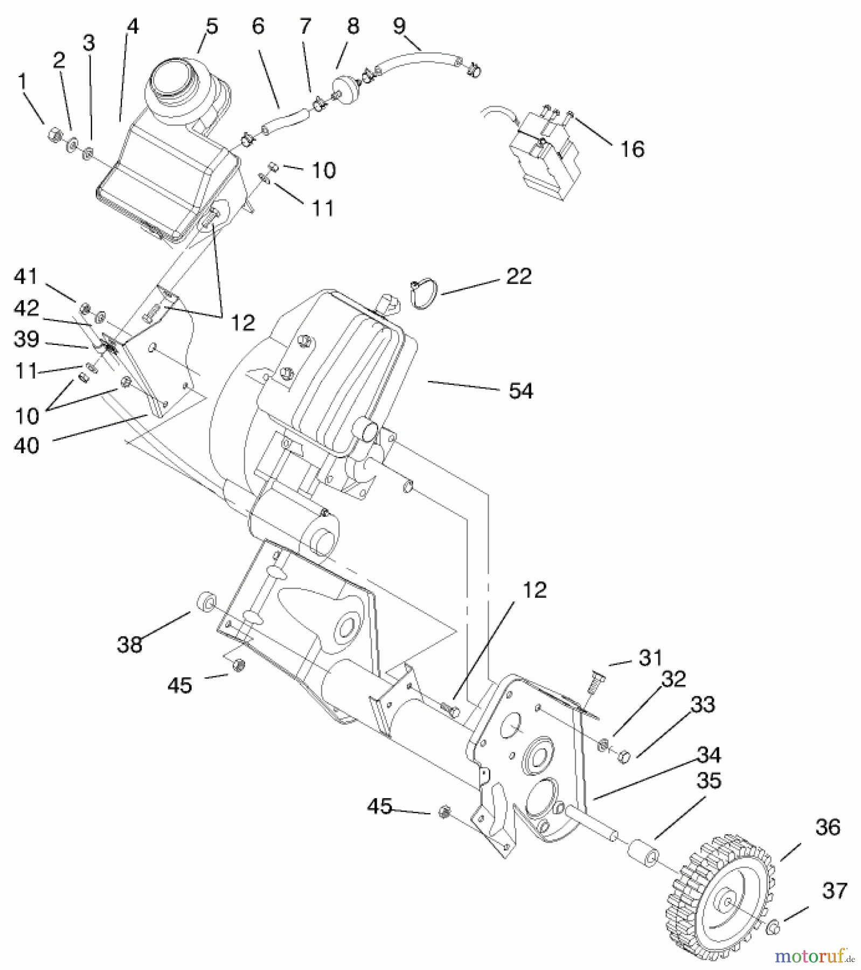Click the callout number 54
click(x=520, y=391)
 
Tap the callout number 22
click(x=519, y=277)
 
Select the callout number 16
click(x=632, y=149)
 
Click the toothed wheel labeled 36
click(x=722, y=895)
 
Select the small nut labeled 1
click(x=53, y=131)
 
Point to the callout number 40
click(x=27, y=446)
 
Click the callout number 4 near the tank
click(x=133, y=27)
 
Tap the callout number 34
click(x=708, y=756)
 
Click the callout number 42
click(x=26, y=308)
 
